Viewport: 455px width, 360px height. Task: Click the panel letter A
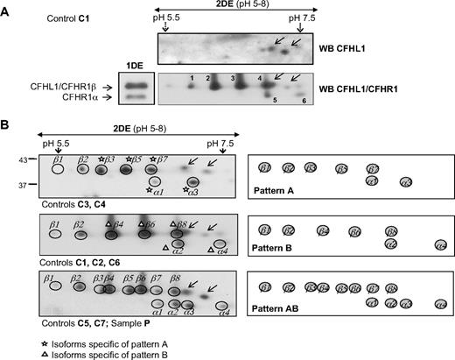tap(7, 8)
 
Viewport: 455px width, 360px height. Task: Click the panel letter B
tap(7, 126)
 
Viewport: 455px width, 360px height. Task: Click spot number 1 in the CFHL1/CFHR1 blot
tap(188, 79)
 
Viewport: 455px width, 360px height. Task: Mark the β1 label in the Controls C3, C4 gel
tap(57, 159)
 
